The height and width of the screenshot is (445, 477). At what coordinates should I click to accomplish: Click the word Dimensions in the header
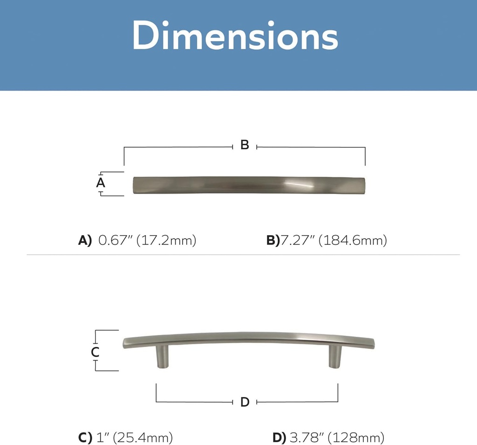[x=235, y=36]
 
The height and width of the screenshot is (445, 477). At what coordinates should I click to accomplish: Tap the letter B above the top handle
[x=245, y=145]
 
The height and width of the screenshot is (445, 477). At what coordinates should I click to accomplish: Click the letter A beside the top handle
[x=101, y=183]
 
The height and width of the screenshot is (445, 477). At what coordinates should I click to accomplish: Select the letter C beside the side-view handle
[x=95, y=352]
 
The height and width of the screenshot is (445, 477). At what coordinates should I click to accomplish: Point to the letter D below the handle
[x=245, y=402]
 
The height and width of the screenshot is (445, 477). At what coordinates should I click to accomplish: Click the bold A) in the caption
[x=85, y=241]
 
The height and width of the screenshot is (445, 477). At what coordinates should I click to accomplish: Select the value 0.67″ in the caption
[x=115, y=241]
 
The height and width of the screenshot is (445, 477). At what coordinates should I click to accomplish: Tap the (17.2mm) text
[x=166, y=241]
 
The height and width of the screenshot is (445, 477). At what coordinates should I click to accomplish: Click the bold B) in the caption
[x=273, y=241]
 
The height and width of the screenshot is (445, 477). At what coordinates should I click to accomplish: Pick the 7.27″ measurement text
[x=297, y=241]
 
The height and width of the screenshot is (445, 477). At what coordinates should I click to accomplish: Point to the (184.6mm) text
[x=353, y=241]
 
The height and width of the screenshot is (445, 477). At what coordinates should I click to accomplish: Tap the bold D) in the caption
[x=279, y=438]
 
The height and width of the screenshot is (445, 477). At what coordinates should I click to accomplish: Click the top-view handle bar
[x=249, y=185]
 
